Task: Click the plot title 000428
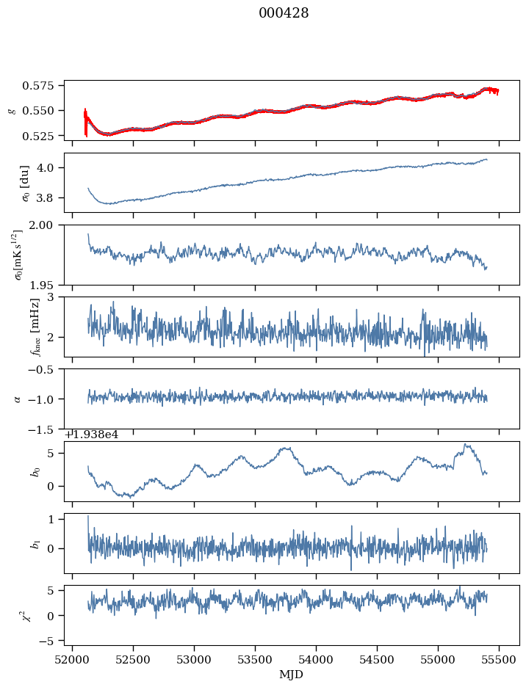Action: point(284,13)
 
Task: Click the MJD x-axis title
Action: point(292,675)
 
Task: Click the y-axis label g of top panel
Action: point(11,110)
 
